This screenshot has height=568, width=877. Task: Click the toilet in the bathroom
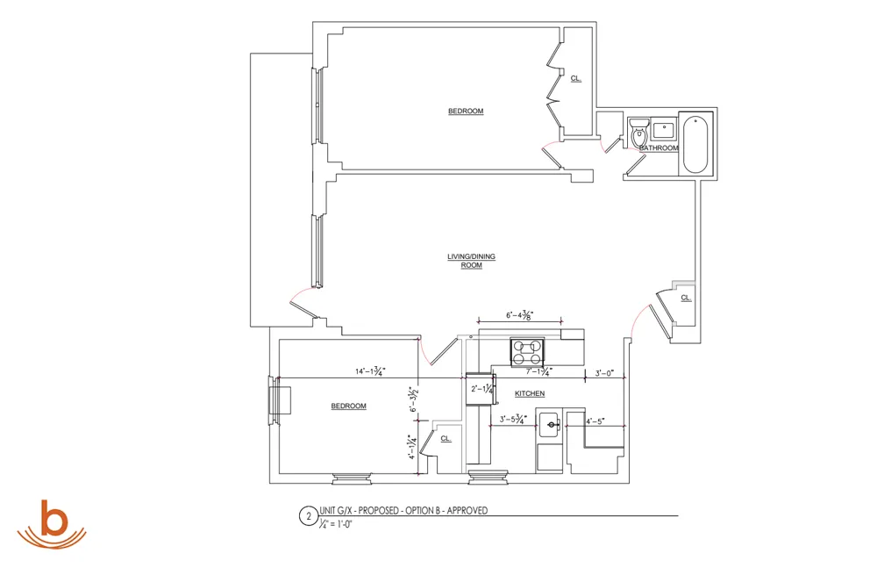pyautogui.click(x=638, y=133)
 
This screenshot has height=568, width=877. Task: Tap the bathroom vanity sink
pyautogui.click(x=663, y=131)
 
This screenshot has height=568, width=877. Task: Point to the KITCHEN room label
pyautogui.click(x=530, y=393)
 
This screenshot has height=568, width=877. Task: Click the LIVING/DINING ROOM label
pyautogui.click(x=472, y=261)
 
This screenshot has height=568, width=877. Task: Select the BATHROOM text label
pyautogui.click(x=659, y=148)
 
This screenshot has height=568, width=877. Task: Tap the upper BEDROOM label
pyautogui.click(x=466, y=111)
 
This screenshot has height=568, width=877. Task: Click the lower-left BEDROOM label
pyautogui.click(x=348, y=406)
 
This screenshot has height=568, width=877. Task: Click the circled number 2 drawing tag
pyautogui.click(x=308, y=517)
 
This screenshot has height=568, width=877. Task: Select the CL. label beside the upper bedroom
pyautogui.click(x=575, y=78)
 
